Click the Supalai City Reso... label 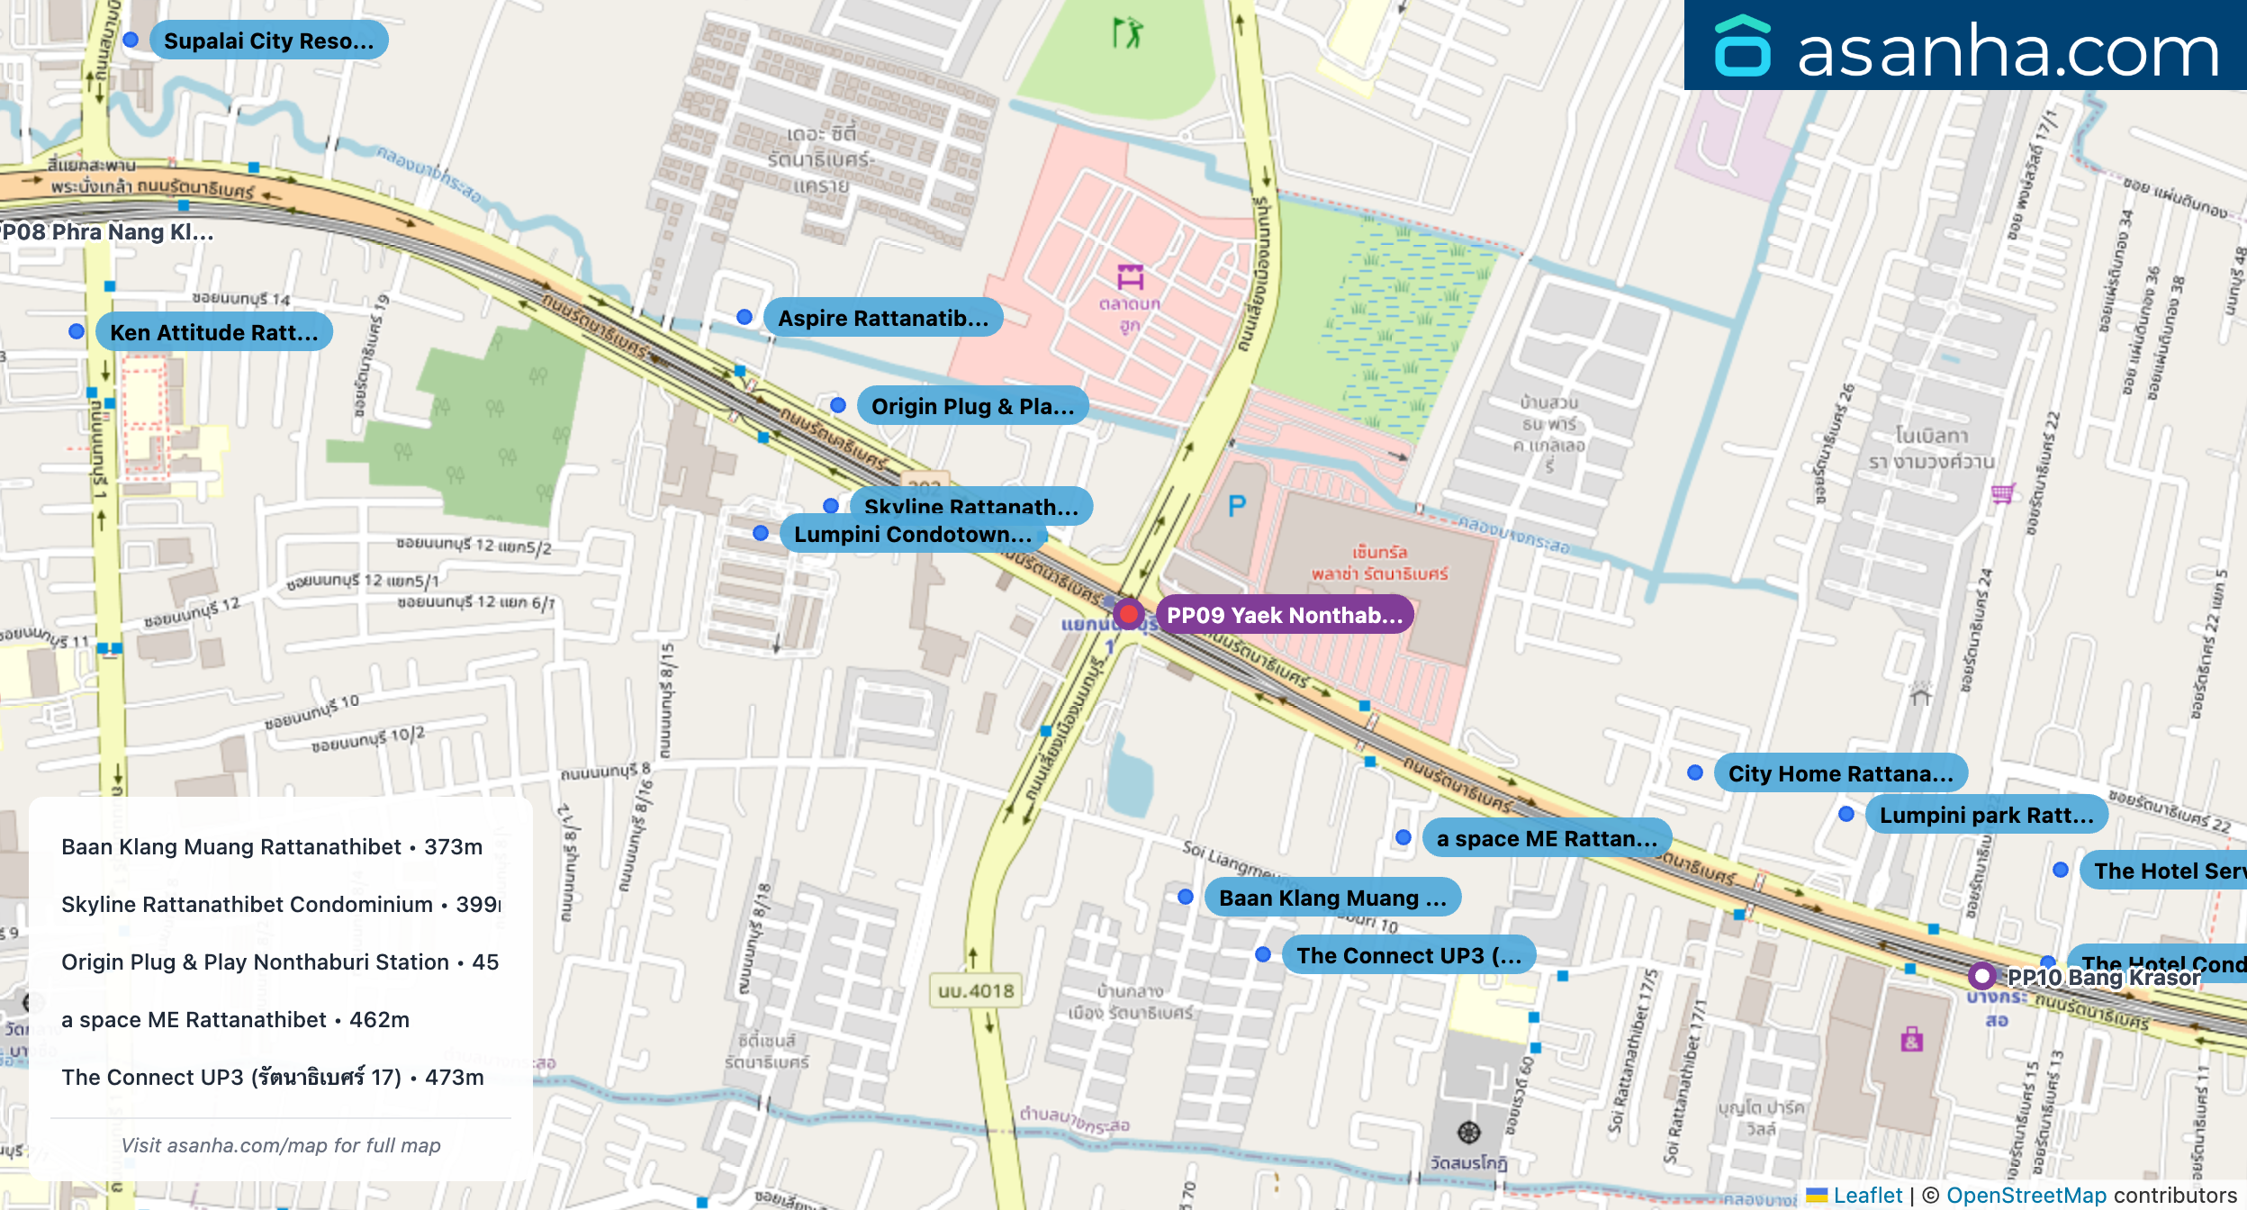pos(268,41)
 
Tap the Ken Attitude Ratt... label pos(214,332)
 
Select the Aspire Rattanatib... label pos(883,318)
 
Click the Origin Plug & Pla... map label pos(972,406)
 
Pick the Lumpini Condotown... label pos(913,535)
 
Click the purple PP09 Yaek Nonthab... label pos(1285,615)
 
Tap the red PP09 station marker pos(1128,614)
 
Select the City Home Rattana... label pos(1840,773)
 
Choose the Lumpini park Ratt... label pos(1987,815)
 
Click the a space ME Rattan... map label pos(1547,838)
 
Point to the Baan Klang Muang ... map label pos(1332,898)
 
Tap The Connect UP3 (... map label pos(1409,955)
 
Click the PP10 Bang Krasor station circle pos(1981,975)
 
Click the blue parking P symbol pos(1238,507)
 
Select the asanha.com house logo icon pos(1743,47)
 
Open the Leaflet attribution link pos(1867,1195)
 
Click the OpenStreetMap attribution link pos(2026,1195)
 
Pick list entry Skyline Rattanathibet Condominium pos(247,904)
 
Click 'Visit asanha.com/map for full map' pos(281,1145)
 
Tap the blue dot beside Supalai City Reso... pos(131,40)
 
